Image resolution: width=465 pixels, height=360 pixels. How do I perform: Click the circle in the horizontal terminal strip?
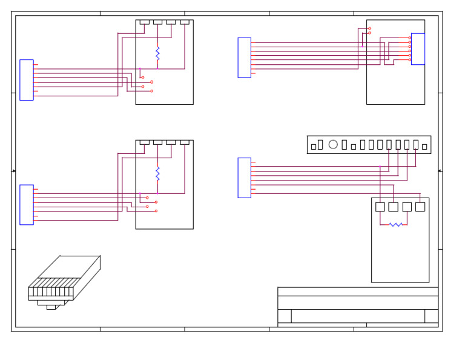coord(333,144)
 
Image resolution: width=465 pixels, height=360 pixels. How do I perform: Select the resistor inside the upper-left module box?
coord(157,53)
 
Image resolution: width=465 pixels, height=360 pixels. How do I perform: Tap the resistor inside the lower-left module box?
coord(157,174)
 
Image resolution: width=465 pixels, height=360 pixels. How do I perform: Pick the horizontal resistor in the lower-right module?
coord(395,225)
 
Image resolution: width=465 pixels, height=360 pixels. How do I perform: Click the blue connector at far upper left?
coord(27,80)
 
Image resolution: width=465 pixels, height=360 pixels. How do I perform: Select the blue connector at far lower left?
coord(27,205)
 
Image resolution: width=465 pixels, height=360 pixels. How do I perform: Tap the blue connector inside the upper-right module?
coord(418,49)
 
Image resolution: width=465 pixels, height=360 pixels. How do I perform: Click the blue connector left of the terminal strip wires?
coord(244,178)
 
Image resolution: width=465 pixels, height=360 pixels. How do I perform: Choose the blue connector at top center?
coord(244,58)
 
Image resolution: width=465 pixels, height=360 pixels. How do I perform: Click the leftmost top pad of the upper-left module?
coord(144,22)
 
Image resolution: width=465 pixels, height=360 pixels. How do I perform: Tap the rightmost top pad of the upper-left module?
coord(185,22)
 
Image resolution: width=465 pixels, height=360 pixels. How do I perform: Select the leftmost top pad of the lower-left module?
coord(144,142)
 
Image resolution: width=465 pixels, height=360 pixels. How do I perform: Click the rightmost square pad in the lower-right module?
coord(420,207)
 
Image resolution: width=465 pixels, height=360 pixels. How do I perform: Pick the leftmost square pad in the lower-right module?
coord(380,207)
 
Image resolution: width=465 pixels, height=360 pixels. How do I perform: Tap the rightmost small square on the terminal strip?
coord(424,147)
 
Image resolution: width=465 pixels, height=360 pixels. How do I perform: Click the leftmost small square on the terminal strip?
coord(314,147)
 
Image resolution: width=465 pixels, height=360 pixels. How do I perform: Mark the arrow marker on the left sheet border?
coord(13,171)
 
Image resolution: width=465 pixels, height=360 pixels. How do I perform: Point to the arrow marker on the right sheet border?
coord(440,171)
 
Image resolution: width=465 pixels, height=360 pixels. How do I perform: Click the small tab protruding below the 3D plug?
coord(51,307)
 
